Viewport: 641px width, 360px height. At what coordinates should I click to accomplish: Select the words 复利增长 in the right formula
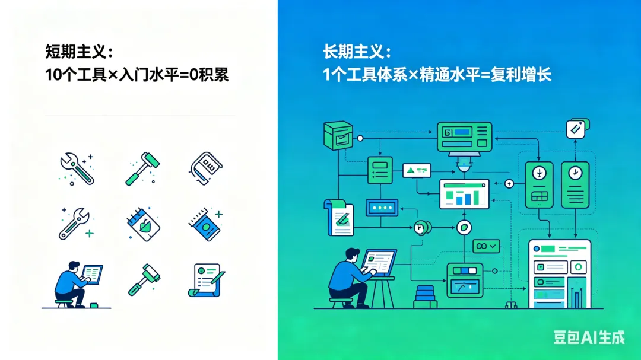point(521,75)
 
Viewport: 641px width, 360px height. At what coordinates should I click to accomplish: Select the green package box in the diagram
point(338,136)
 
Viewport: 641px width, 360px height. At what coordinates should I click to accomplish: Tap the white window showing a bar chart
point(464,194)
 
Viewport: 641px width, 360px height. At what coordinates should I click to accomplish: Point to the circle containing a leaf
point(464,226)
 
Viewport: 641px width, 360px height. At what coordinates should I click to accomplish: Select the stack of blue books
point(426,296)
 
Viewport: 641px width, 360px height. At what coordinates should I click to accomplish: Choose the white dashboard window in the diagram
point(560,273)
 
